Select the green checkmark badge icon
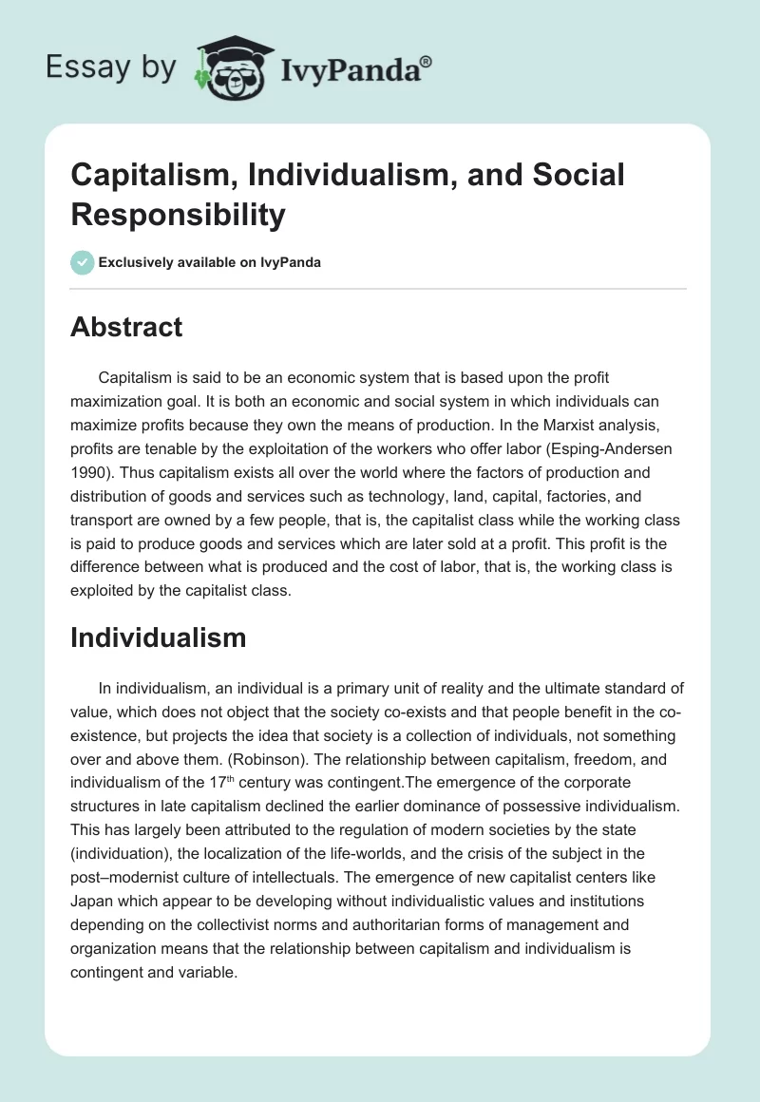(83, 263)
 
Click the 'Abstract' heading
(126, 328)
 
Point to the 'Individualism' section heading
(158, 637)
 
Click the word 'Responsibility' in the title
(178, 215)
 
